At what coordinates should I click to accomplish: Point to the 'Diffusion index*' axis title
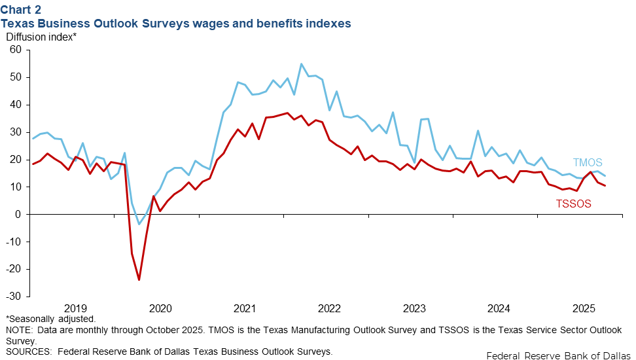(x=41, y=37)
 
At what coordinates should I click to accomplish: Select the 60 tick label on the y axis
(x=16, y=50)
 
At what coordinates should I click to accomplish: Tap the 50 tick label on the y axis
(x=16, y=77)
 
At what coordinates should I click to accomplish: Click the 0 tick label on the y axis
(x=19, y=214)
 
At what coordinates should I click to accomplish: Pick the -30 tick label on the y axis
(x=14, y=297)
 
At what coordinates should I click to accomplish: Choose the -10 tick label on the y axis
(x=14, y=242)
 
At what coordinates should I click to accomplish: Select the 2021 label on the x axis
(x=244, y=308)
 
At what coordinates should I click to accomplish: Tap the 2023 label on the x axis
(x=414, y=308)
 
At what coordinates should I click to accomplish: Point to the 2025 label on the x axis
(x=584, y=308)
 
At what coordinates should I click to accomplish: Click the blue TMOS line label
(x=588, y=163)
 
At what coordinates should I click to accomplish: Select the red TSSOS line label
(x=573, y=204)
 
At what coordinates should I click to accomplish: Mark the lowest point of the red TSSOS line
(x=139, y=280)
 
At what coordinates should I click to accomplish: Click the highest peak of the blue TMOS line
(x=301, y=63)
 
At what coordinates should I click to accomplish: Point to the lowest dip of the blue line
(x=139, y=225)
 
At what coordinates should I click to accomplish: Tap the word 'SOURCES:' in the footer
(x=28, y=351)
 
